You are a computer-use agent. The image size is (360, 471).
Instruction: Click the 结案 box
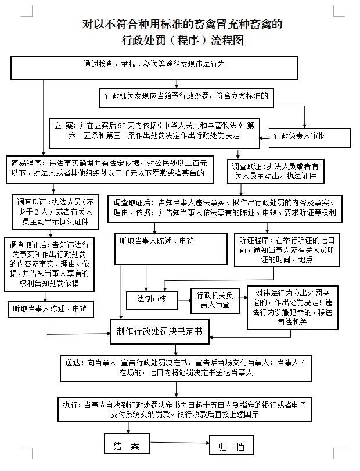127,443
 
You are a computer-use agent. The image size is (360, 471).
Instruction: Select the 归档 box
231,445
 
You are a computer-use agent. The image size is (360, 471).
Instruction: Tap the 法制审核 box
152,300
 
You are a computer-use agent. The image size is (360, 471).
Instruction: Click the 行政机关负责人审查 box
215,300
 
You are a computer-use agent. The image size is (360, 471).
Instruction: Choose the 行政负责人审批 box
309,138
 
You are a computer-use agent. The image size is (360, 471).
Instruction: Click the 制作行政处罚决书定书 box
160,332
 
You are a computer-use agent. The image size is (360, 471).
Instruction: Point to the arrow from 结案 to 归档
179,443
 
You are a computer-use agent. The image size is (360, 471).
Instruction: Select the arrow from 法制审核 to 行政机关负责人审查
185,300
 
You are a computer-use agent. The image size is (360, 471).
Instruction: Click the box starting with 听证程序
287,250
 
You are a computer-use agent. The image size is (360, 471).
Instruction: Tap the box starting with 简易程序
110,169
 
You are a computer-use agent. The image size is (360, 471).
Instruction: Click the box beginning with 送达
186,368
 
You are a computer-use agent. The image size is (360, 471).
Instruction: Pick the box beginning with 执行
185,410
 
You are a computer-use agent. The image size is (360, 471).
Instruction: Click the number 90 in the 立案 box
121,125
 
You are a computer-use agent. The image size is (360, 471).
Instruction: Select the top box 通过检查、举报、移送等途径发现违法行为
154,68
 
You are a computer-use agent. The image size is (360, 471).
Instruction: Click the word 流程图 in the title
228,40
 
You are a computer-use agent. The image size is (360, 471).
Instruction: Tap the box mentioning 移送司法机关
292,307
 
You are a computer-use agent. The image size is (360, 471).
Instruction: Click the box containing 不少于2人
55,212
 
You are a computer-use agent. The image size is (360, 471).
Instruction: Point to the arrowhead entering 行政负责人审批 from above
305,126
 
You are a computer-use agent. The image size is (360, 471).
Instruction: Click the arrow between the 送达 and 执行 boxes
177,390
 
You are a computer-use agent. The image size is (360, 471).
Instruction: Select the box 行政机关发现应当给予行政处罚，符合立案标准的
186,98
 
